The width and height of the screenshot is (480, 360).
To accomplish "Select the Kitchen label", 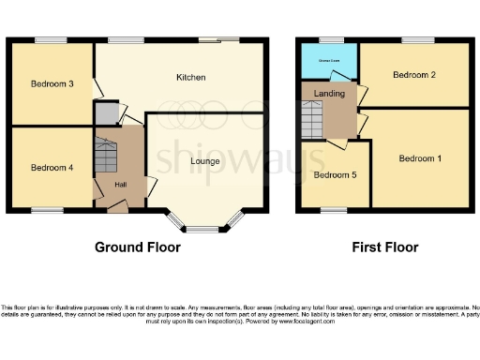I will point(190,77).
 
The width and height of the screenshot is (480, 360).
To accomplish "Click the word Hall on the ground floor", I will point(120,185).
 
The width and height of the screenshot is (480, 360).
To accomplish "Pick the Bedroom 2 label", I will point(413,74).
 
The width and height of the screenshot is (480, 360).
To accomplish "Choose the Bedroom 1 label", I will point(420,158).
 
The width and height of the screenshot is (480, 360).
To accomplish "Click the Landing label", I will point(329,94).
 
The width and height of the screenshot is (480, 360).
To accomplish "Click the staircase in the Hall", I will point(105,155).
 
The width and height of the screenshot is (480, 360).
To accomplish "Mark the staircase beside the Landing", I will point(312,119).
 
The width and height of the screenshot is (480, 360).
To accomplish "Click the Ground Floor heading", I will point(137,247).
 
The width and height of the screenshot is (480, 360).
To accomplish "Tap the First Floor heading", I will point(384,247).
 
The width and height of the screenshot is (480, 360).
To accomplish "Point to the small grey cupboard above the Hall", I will point(105,114).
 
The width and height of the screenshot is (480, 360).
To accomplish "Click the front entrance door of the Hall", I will point(116,209).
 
